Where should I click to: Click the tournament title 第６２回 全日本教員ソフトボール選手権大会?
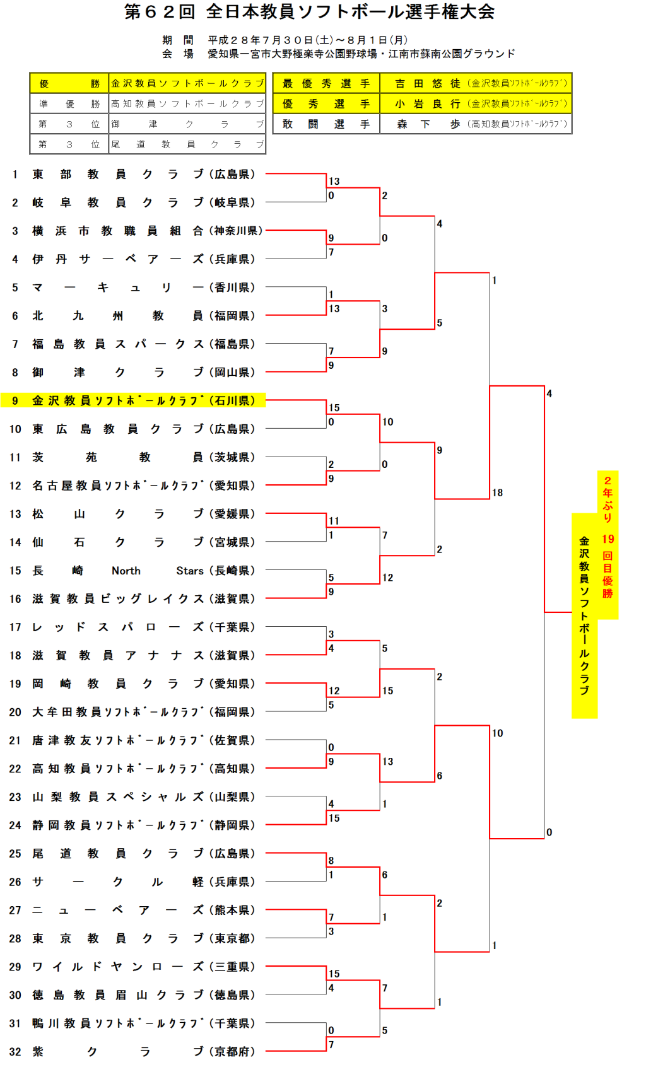[309, 12]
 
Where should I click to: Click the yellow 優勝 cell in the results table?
[69, 83]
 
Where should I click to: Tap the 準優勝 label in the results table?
[69, 104]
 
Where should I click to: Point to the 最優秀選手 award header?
[326, 83]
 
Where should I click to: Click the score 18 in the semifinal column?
[498, 493]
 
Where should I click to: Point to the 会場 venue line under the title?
[338, 54]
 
